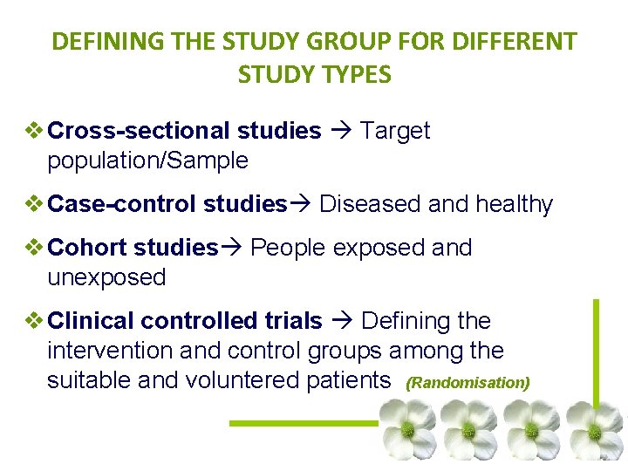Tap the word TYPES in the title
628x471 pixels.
[x=357, y=75]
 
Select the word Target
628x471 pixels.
[x=395, y=131]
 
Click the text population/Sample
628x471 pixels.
[x=147, y=161]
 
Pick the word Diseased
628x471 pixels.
[x=370, y=205]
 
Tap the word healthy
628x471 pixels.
[x=514, y=205]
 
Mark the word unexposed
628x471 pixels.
[x=106, y=277]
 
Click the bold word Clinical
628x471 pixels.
[x=92, y=321]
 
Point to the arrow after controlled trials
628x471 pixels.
[x=341, y=321]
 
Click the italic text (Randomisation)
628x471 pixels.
[x=468, y=383]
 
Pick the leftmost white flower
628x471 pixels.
[x=406, y=430]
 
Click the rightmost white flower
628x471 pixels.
[x=594, y=430]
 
